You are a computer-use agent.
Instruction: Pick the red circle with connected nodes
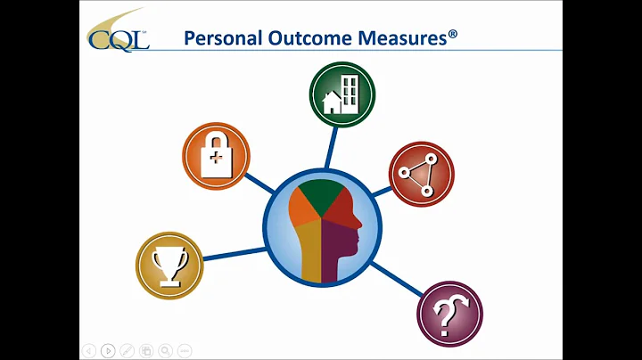click(x=422, y=175)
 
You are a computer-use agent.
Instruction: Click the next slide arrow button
click(x=108, y=350)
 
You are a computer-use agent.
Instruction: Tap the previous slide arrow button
click(x=88, y=350)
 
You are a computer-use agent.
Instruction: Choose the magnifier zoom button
click(x=166, y=350)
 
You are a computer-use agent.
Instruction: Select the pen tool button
click(x=128, y=350)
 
